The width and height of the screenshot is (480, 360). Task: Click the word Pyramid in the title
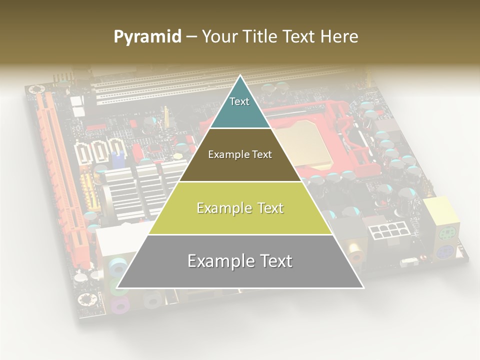tap(147, 37)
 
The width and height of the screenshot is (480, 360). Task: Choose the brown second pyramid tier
tap(240, 155)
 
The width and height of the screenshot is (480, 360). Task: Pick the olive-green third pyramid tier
tap(240, 208)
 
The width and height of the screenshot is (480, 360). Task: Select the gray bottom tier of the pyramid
tap(240, 261)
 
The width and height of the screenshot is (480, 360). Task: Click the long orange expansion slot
tap(60, 165)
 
